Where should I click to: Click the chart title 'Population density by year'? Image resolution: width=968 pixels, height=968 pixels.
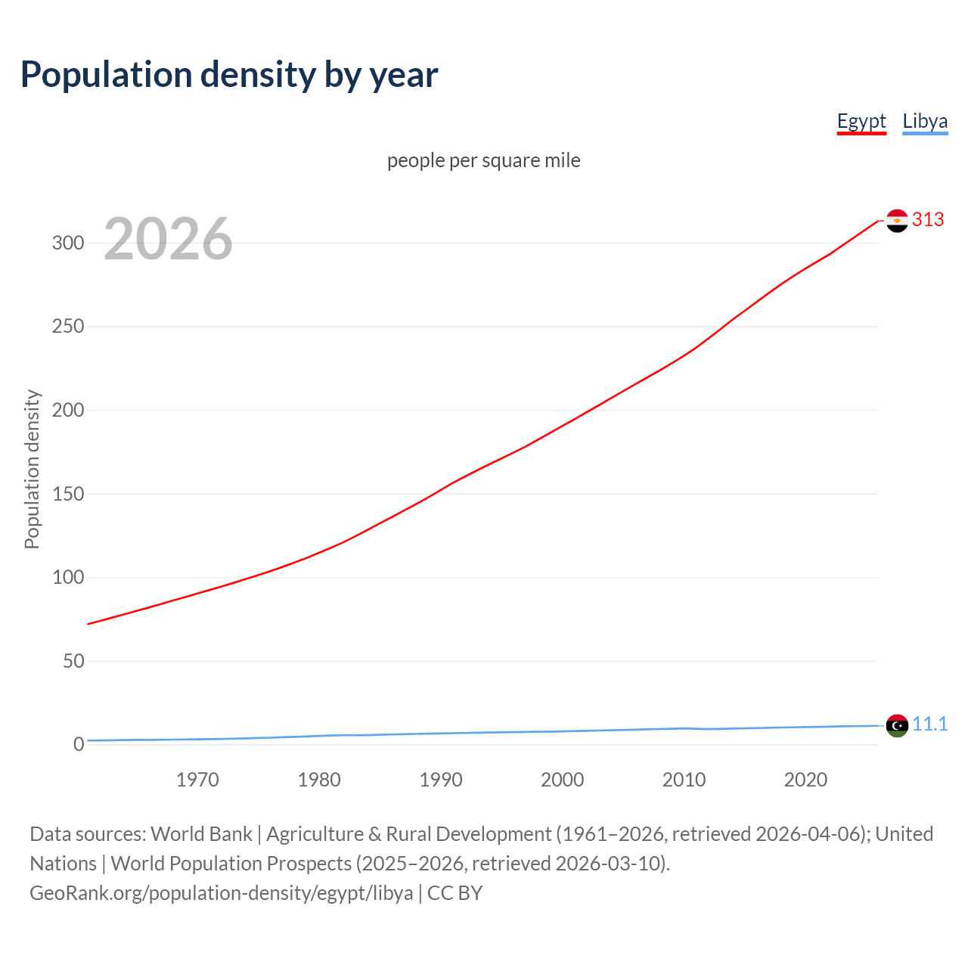[229, 75]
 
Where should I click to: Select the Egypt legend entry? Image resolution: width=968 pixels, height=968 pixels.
[861, 121]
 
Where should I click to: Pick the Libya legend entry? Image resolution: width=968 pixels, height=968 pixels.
[925, 121]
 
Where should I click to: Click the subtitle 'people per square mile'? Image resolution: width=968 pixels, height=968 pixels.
[484, 160]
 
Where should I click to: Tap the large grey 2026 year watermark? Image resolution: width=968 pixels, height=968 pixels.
[168, 239]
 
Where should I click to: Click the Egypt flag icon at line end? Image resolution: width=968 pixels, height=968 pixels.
[897, 221]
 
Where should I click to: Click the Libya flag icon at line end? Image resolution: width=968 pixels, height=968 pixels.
[897, 725]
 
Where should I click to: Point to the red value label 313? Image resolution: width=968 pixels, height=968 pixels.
[928, 219]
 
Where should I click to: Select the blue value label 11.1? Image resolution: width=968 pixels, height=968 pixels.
[929, 724]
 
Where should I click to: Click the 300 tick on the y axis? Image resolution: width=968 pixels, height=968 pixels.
[68, 243]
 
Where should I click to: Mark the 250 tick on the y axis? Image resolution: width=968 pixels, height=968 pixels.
[68, 327]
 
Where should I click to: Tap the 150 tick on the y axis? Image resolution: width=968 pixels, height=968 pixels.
[68, 494]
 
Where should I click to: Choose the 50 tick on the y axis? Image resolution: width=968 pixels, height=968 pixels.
[73, 661]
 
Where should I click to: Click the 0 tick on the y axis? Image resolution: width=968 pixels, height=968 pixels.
[79, 744]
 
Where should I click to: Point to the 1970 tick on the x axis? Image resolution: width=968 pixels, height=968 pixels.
[197, 780]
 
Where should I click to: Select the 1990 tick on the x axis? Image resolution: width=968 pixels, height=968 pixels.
[441, 780]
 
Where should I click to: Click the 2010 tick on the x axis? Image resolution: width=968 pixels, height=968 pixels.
[684, 780]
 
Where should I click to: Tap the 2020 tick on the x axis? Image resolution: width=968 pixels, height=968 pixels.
[805, 780]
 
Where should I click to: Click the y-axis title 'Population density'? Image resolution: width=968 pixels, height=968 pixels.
[32, 469]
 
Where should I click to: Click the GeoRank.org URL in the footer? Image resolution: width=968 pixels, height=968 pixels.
[222, 893]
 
